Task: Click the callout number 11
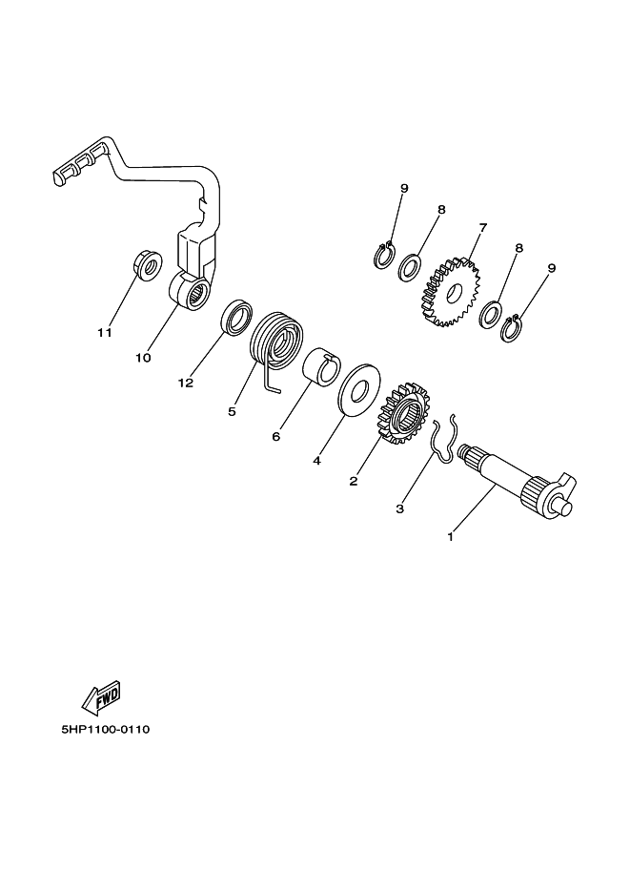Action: click(105, 333)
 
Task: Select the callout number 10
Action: click(143, 358)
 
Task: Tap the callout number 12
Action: click(186, 383)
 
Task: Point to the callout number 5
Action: click(232, 411)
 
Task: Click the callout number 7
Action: click(483, 227)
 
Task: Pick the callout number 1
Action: click(451, 537)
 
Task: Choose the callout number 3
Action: click(399, 508)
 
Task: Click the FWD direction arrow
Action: click(101, 696)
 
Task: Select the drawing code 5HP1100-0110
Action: click(106, 729)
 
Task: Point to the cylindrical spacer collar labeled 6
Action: click(321, 366)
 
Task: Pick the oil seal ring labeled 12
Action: click(236, 317)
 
